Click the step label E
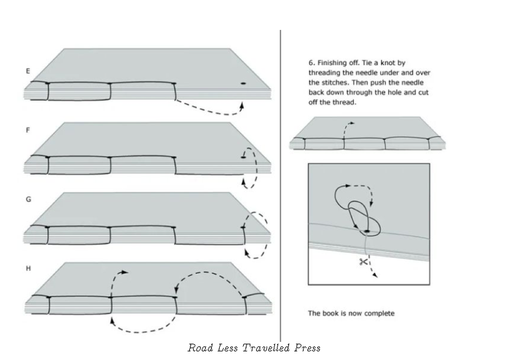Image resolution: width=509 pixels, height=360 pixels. click(28, 71)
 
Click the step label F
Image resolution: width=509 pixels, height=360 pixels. click(28, 130)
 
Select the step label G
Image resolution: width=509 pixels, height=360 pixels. click(28, 199)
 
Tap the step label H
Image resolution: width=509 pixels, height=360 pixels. click(28, 269)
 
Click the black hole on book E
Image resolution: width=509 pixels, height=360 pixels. click(243, 83)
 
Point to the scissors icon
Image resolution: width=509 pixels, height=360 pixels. click(363, 262)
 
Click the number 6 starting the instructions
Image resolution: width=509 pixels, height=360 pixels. click(310, 63)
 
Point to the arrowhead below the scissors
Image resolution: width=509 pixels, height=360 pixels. click(375, 275)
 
